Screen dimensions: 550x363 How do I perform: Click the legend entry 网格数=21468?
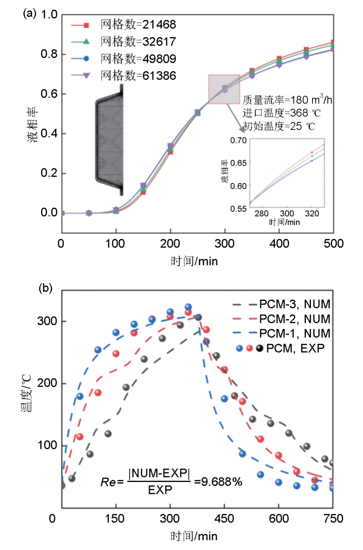tap(138, 25)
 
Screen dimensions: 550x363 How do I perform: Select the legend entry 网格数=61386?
tap(138, 75)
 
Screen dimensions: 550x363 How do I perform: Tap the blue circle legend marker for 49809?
tap(86, 59)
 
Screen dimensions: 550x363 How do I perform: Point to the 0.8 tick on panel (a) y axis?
tap(49, 54)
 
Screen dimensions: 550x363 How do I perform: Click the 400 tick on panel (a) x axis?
tap(279, 244)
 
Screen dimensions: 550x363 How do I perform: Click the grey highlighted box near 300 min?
tap(224, 89)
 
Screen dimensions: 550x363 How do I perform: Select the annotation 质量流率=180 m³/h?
tap(287, 100)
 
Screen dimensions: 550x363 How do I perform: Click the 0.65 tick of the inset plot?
tap(238, 163)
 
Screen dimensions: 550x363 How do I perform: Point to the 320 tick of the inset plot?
tap(312, 214)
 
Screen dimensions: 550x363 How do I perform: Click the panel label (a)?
tap(29, 14)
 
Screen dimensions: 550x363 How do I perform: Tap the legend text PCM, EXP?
tap(295, 348)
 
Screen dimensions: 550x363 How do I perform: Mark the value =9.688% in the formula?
tap(218, 482)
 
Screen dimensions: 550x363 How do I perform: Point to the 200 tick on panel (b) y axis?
tap(47, 383)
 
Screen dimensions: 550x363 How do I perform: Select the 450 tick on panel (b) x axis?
tap(224, 519)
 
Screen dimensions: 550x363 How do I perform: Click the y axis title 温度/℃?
tap(26, 393)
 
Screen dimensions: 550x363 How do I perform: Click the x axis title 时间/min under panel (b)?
tap(194, 536)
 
